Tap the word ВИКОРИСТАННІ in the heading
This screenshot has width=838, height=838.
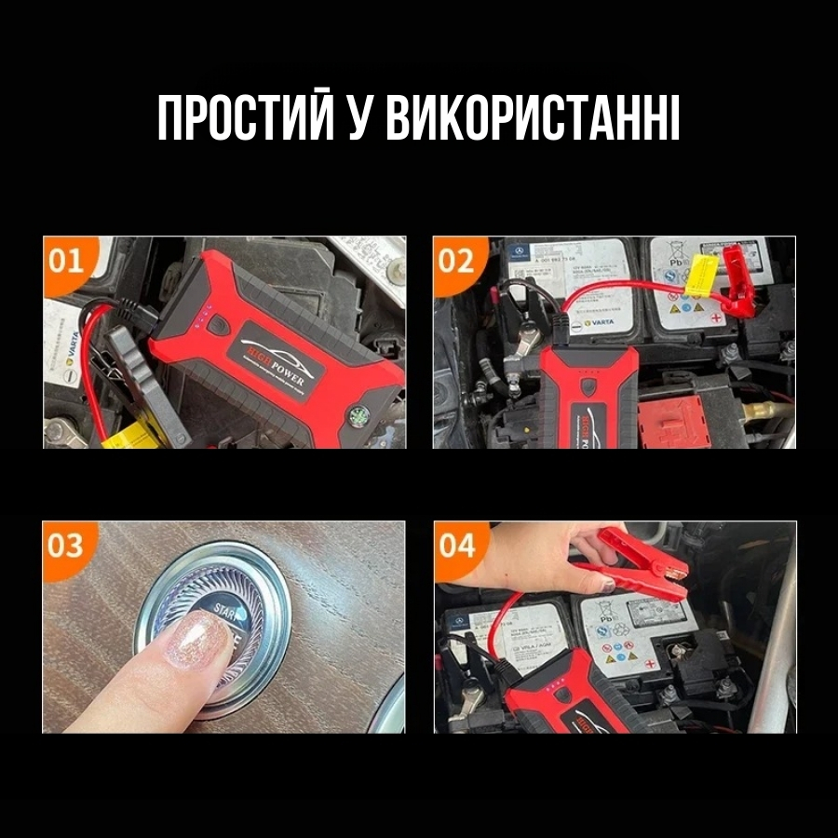pyautogui.click(x=532, y=118)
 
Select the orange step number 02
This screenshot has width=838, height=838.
pyautogui.click(x=455, y=260)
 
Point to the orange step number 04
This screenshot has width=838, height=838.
pyautogui.click(x=456, y=545)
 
